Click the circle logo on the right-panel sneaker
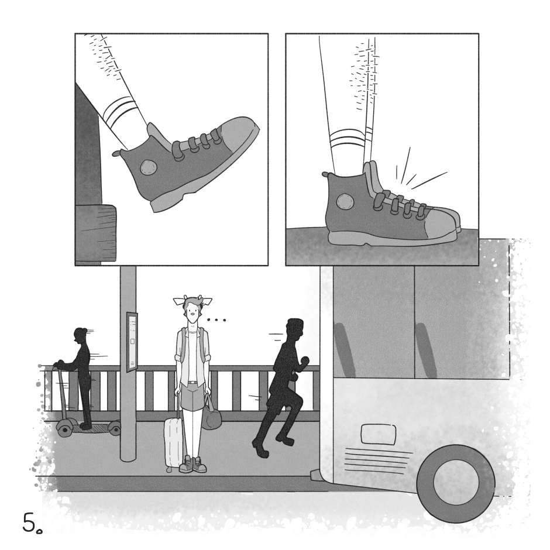coord(345,202)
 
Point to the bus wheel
coord(456,483)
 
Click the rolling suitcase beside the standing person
coord(174,443)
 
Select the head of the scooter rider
coord(80,336)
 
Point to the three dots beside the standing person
coord(216,320)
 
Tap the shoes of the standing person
coord(193,464)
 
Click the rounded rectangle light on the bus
coord(379,434)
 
